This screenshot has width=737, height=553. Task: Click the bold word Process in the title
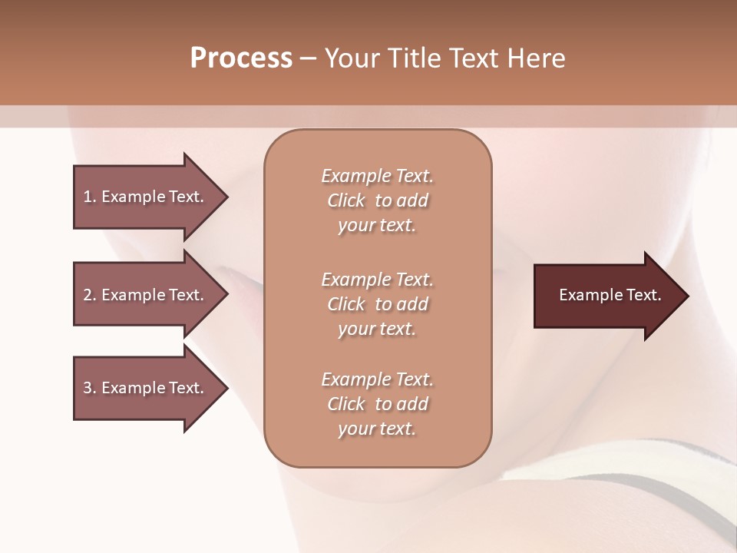click(241, 58)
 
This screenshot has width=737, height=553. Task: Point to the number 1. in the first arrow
click(89, 197)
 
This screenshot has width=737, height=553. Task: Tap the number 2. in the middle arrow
click(89, 295)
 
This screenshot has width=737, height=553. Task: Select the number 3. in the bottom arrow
click(89, 388)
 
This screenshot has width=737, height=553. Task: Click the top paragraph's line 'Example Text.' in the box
click(377, 176)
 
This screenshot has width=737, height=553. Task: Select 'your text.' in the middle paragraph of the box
click(377, 329)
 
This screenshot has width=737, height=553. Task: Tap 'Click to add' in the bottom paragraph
click(377, 404)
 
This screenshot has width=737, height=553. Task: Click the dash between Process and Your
click(309, 58)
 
